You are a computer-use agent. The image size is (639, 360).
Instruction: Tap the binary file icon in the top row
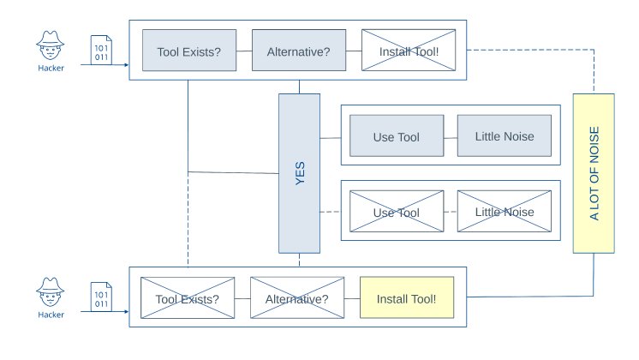pyautogui.click(x=100, y=50)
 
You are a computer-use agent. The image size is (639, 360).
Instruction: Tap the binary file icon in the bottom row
pyautogui.click(x=100, y=295)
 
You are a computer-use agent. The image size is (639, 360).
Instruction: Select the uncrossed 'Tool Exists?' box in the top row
pyautogui.click(x=189, y=51)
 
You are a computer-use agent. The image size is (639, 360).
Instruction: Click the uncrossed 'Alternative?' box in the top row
pyautogui.click(x=297, y=51)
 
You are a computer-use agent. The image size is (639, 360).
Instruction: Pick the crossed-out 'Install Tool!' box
pyautogui.click(x=409, y=51)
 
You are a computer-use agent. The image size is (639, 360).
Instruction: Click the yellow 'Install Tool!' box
pyautogui.click(x=405, y=299)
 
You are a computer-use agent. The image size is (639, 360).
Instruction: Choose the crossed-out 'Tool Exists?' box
pyautogui.click(x=188, y=299)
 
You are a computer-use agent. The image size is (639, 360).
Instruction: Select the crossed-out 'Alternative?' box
pyautogui.click(x=296, y=299)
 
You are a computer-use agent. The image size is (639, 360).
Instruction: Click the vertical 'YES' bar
pyautogui.click(x=299, y=173)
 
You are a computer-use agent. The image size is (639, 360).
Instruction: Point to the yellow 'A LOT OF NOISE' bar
pyautogui.click(x=594, y=173)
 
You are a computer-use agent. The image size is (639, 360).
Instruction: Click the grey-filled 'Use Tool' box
pyautogui.click(x=396, y=136)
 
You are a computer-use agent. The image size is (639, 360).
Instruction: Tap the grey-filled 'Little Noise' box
pyautogui.click(x=504, y=136)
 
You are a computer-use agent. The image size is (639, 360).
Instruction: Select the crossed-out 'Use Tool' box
pyautogui.click(x=396, y=212)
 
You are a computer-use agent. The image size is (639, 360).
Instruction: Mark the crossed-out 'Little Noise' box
pyautogui.click(x=504, y=212)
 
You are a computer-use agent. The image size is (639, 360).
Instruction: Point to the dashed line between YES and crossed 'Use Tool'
pyautogui.click(x=331, y=212)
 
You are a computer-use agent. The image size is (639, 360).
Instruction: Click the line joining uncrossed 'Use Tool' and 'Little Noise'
pyautogui.click(x=451, y=136)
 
